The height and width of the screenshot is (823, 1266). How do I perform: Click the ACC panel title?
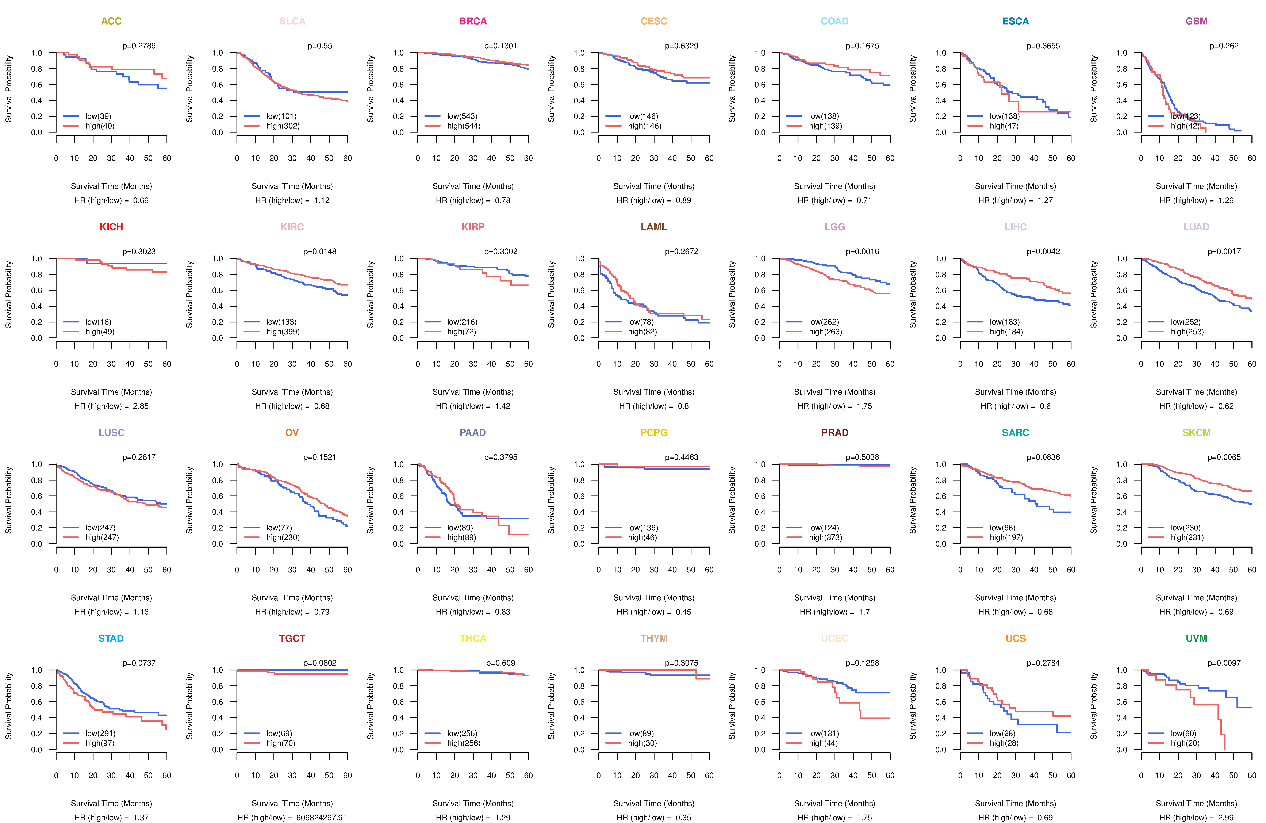(111, 21)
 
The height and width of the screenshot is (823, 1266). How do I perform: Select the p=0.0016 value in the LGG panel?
(862, 252)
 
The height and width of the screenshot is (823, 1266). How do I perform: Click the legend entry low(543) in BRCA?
(462, 116)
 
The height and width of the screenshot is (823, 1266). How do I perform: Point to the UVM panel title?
(1196, 638)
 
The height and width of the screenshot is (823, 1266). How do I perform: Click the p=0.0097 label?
(1224, 663)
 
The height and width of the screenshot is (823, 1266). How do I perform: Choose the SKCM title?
(1196, 433)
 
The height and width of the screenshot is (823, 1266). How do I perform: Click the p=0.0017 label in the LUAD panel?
(1224, 252)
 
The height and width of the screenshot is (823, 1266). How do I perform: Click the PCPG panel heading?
(654, 433)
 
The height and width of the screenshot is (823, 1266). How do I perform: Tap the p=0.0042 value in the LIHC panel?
(1043, 252)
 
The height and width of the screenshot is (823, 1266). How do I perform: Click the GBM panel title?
(1196, 21)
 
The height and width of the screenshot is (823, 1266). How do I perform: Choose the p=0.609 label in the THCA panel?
(500, 663)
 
